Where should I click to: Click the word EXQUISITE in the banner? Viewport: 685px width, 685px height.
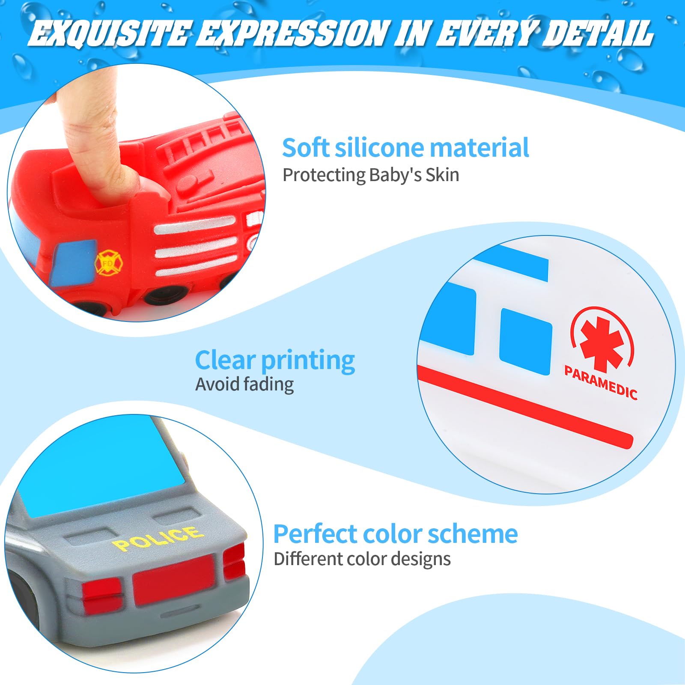tap(110, 33)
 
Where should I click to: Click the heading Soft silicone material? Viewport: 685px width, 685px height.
tap(405, 148)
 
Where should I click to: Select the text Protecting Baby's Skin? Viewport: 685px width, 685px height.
tap(371, 176)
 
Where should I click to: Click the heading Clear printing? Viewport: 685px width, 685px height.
tap(275, 360)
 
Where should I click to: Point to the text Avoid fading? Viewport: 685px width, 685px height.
tap(244, 384)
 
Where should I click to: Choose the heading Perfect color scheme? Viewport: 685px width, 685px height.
tap(396, 534)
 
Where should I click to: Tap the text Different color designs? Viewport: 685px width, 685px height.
tap(362, 559)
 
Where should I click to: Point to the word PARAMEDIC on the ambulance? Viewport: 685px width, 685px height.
tap(601, 382)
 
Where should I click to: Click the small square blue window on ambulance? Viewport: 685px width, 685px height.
tap(525, 341)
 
